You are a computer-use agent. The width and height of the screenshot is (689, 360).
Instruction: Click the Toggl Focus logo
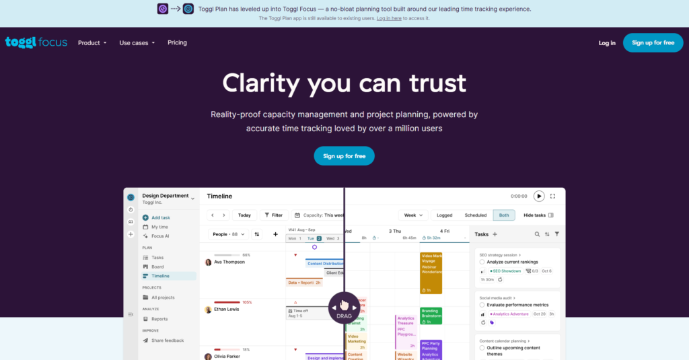click(x=36, y=42)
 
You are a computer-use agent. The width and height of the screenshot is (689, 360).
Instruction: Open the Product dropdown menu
click(x=92, y=43)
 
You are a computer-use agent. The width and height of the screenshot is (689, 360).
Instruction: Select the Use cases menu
click(x=137, y=43)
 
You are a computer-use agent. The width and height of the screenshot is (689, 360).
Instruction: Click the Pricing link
click(x=177, y=42)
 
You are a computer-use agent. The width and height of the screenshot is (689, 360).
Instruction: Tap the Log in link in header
click(x=607, y=43)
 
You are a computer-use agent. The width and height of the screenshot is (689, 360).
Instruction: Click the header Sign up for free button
click(x=653, y=42)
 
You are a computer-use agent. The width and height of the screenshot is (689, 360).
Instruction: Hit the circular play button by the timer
click(x=539, y=196)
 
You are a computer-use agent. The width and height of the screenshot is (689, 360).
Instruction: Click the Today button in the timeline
click(x=244, y=215)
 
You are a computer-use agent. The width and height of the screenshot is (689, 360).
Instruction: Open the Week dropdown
click(x=412, y=215)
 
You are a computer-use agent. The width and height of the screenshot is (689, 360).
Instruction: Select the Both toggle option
click(x=504, y=215)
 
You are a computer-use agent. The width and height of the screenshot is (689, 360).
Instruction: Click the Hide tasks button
click(x=538, y=215)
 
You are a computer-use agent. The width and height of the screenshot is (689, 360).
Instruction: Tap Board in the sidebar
click(x=157, y=266)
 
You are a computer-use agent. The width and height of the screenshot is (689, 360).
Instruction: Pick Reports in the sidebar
click(x=159, y=319)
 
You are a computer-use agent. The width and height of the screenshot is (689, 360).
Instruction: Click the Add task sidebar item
click(x=160, y=217)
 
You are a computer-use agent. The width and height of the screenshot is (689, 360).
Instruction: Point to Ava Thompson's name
click(x=229, y=262)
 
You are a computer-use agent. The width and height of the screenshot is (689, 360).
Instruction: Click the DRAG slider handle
click(x=344, y=308)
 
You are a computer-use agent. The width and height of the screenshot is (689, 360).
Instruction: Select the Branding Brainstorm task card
click(x=431, y=315)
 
